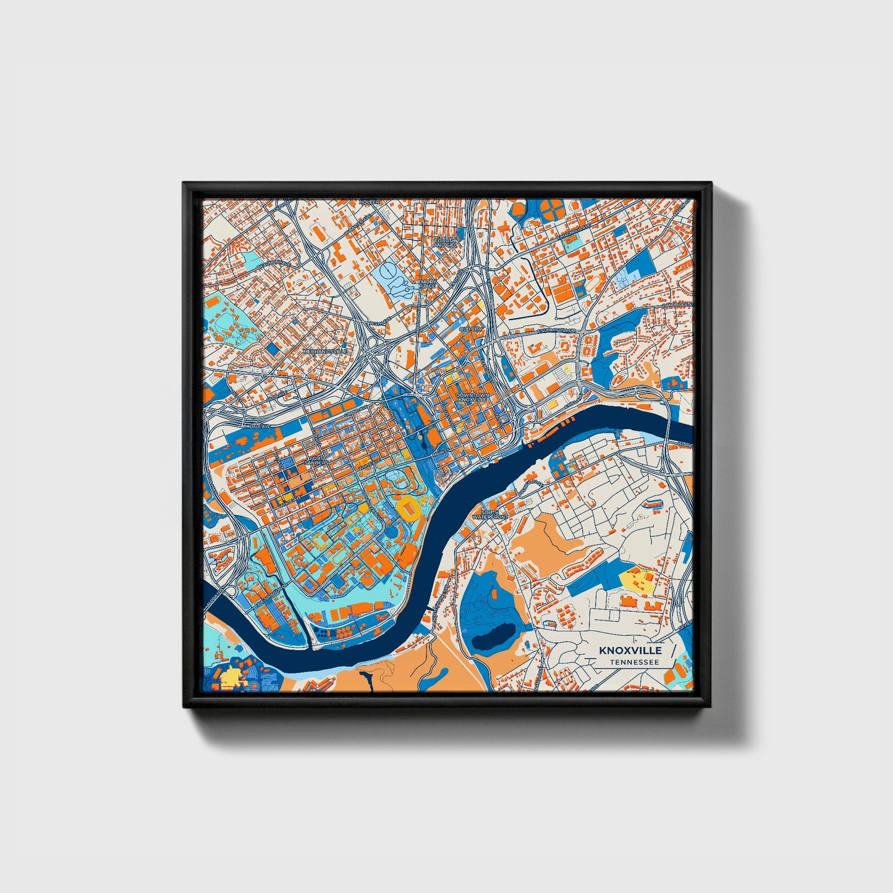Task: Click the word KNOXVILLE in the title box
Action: coord(630,650)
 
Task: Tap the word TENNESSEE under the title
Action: coord(633,662)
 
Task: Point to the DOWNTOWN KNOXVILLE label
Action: coord(472,397)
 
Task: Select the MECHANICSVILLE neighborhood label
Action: coord(325,351)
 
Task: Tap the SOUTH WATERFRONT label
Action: coord(490,514)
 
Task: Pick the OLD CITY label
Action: coord(471,330)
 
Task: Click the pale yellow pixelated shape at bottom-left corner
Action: coord(227,679)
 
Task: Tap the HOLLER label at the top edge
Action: coord(370,202)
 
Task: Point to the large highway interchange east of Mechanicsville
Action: coord(375,353)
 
